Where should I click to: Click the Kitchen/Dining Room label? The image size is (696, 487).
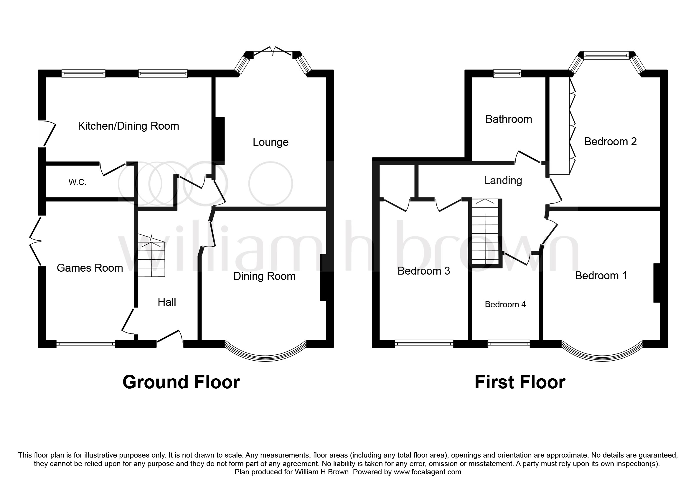pyautogui.click(x=128, y=126)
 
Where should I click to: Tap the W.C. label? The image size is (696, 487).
pyautogui.click(x=77, y=182)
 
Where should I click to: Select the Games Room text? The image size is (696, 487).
pyautogui.click(x=90, y=268)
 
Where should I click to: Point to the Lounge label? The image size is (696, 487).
pyautogui.click(x=271, y=142)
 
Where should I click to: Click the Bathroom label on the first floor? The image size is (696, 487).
pyautogui.click(x=508, y=119)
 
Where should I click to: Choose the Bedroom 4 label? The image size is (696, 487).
pyautogui.click(x=505, y=304)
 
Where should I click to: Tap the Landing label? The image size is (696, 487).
pyautogui.click(x=503, y=180)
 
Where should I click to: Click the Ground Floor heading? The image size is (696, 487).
pyautogui.click(x=181, y=382)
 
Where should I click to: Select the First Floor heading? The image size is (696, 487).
pyautogui.click(x=519, y=382)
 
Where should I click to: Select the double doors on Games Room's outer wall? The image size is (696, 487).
pyautogui.click(x=36, y=241)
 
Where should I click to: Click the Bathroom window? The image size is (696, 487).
pyautogui.click(x=507, y=73)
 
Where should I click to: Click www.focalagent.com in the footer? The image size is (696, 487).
pyautogui.click(x=427, y=472)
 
